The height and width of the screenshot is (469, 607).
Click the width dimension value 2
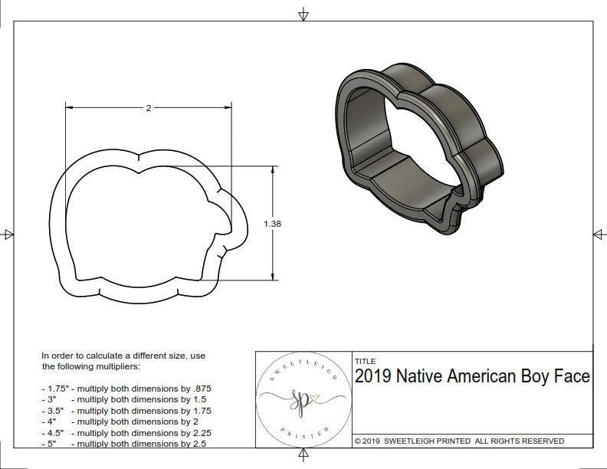[148, 108]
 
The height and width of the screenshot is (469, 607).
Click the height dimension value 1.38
[272, 224]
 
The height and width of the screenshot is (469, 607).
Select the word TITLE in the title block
[365, 361]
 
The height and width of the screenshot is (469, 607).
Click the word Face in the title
[573, 377]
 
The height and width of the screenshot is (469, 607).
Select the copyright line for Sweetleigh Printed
[459, 441]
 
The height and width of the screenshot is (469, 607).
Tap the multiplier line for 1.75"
[126, 389]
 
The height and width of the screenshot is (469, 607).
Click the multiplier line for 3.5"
[126, 411]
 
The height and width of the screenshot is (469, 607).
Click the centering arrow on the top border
[303, 15]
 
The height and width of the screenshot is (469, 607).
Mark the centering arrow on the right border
[599, 234]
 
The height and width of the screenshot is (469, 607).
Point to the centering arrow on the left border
[8, 234]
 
